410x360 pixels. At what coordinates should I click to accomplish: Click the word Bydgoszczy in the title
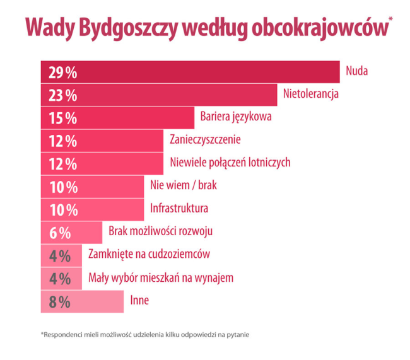click(120, 28)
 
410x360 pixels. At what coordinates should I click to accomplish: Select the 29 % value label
click(62, 73)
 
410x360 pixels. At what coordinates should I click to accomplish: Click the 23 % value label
click(62, 95)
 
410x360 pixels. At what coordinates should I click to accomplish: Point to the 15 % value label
click(62, 118)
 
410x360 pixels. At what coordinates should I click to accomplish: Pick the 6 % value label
click(59, 233)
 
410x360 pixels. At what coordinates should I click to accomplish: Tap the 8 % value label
click(59, 302)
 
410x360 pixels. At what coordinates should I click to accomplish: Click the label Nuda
click(356, 71)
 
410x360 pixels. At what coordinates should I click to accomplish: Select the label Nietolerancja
click(312, 94)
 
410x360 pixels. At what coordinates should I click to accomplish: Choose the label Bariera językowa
click(236, 117)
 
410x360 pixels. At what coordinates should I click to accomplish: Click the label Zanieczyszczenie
click(206, 139)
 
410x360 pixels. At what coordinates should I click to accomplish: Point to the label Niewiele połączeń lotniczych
click(230, 162)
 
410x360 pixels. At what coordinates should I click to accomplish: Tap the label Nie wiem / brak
click(184, 185)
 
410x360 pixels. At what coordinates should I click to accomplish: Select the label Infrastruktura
click(179, 208)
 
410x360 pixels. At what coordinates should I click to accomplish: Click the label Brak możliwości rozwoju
click(160, 231)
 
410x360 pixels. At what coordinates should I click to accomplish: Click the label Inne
click(139, 300)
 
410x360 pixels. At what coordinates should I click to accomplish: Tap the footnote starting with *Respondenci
click(145, 334)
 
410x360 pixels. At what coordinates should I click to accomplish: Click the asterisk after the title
click(390, 20)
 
